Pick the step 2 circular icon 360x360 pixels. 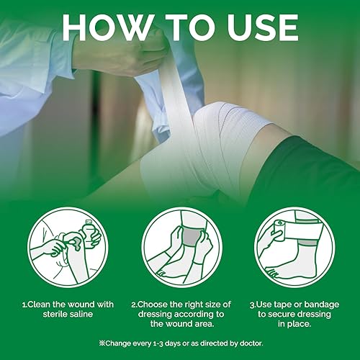coord(180,244)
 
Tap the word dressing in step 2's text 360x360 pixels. coord(150,305)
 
